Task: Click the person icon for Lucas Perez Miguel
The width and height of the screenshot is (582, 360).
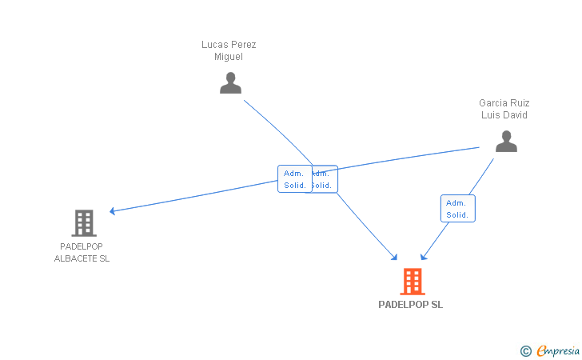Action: (x=230, y=82)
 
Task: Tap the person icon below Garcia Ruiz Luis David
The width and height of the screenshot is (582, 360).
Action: (x=506, y=141)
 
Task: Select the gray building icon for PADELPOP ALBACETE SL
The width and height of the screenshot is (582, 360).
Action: (x=83, y=222)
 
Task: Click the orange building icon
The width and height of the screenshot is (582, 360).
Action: (x=412, y=281)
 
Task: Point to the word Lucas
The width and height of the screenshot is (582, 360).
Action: (x=216, y=45)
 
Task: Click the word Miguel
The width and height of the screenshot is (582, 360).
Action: (x=229, y=57)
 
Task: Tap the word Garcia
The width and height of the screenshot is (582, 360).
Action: (x=493, y=103)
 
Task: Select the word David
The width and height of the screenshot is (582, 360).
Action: (x=515, y=115)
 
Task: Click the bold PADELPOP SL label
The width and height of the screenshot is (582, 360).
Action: (x=410, y=305)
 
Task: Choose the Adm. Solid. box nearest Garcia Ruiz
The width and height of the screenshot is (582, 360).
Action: (x=457, y=208)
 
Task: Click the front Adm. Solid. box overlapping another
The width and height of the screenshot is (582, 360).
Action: (x=294, y=179)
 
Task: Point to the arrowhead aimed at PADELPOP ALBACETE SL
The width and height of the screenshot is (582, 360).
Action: (x=113, y=211)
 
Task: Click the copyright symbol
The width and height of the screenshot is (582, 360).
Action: (x=525, y=350)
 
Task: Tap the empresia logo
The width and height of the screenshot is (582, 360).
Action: (x=558, y=350)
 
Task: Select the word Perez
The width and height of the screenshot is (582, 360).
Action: (x=243, y=45)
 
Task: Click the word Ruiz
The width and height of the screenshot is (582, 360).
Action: (x=520, y=103)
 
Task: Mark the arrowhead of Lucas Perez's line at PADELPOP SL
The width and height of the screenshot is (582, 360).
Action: (x=395, y=258)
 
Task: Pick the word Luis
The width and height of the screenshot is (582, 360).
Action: (x=490, y=115)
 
